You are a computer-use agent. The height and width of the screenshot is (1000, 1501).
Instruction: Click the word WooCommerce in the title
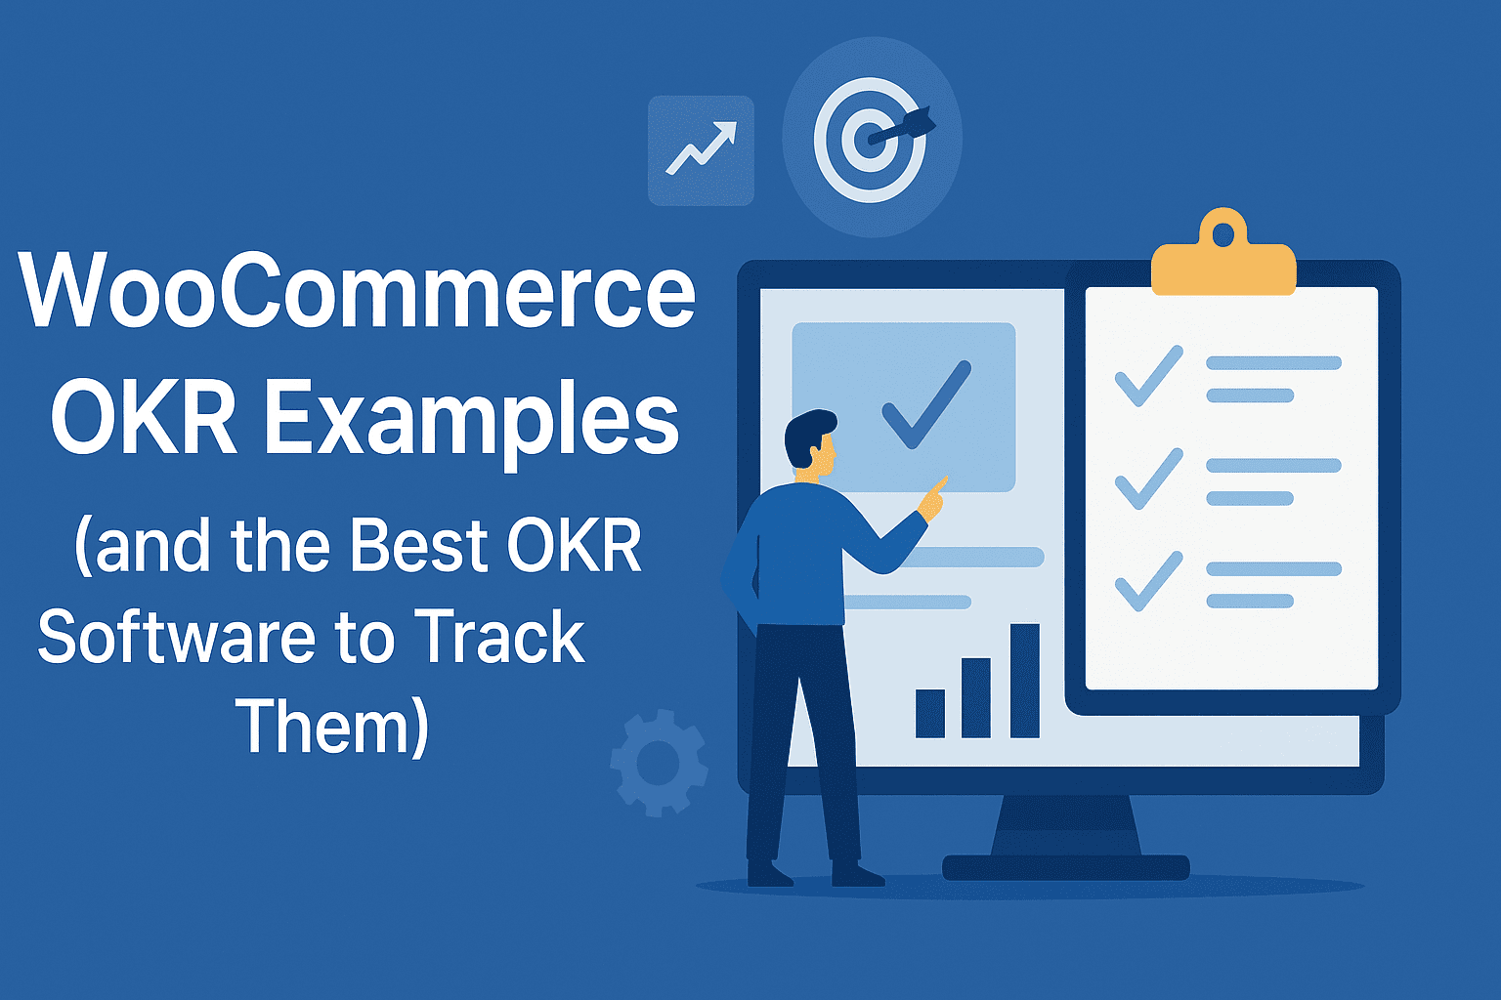click(x=358, y=291)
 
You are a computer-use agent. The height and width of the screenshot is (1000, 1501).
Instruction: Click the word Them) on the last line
click(x=332, y=728)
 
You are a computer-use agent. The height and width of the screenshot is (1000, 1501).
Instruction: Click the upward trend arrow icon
click(x=701, y=149)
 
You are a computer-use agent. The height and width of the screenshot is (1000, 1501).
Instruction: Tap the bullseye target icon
click(x=870, y=139)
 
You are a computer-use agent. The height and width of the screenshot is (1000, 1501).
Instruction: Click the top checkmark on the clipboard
click(x=1147, y=375)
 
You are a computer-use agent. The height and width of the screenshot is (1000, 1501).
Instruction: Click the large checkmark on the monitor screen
click(x=924, y=406)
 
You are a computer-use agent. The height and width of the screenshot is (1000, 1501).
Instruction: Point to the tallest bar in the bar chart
click(x=1024, y=681)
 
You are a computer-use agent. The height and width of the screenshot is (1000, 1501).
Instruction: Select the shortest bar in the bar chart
click(x=929, y=713)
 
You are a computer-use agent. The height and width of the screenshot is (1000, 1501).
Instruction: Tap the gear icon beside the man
click(x=658, y=763)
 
